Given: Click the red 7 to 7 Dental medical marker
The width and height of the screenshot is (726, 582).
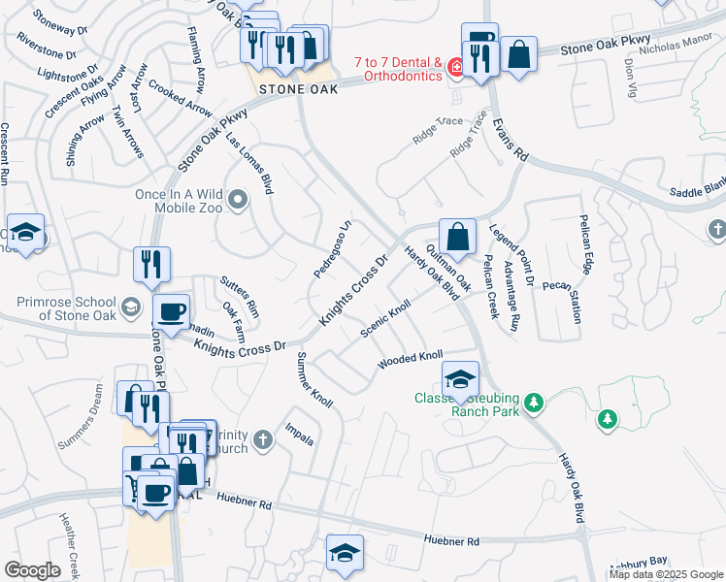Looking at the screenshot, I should click(454, 69).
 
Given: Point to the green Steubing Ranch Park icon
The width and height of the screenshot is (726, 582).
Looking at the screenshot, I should click(533, 402).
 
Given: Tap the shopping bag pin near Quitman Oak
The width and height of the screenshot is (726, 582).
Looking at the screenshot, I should click(457, 237).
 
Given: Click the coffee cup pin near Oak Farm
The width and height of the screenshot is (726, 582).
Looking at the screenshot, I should click(172, 312).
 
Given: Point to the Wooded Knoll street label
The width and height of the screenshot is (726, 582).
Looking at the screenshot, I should click(411, 360).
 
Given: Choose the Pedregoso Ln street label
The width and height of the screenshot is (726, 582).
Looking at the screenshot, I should click(331, 251).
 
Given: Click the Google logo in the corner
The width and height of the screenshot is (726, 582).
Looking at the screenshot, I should click(33, 569).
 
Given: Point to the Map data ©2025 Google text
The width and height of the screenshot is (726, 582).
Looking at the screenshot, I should click(665, 574).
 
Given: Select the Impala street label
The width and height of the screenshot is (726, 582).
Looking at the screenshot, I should click(300, 434).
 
